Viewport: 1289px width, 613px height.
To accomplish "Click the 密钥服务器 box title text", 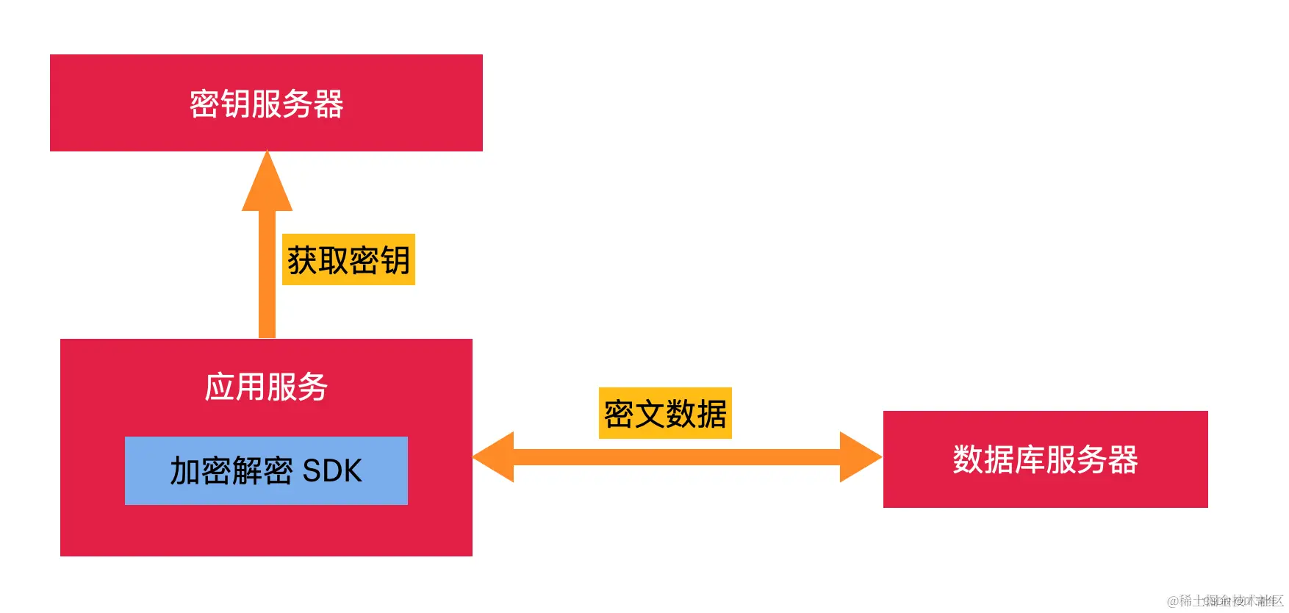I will pos(266,104).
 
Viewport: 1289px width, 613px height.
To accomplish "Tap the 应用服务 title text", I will pos(266,387).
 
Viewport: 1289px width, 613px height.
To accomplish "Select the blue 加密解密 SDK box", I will pos(266,470).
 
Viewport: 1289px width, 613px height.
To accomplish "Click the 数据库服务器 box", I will pos(1045,459).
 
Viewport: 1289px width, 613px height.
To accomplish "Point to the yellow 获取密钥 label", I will pos(348,259).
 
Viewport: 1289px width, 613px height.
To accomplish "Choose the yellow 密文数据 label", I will pos(665,413).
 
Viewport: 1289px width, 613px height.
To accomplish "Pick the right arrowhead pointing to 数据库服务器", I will pos(860,457).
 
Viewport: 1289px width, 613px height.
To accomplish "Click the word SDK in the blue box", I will pos(332,471).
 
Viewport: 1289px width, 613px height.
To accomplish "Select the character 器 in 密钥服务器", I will pos(328,104).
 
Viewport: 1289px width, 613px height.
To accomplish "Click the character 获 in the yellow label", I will pos(302,260).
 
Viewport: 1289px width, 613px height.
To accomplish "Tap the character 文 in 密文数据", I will pos(650,414).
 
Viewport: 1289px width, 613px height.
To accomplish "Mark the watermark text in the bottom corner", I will pos(1225,601).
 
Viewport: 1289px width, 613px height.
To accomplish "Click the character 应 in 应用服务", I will pos(220,387).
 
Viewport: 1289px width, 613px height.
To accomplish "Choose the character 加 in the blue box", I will pos(185,471).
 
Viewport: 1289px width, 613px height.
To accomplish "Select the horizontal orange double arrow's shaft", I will pos(676,457).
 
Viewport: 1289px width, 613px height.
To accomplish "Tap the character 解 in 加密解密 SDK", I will pos(247,471).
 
